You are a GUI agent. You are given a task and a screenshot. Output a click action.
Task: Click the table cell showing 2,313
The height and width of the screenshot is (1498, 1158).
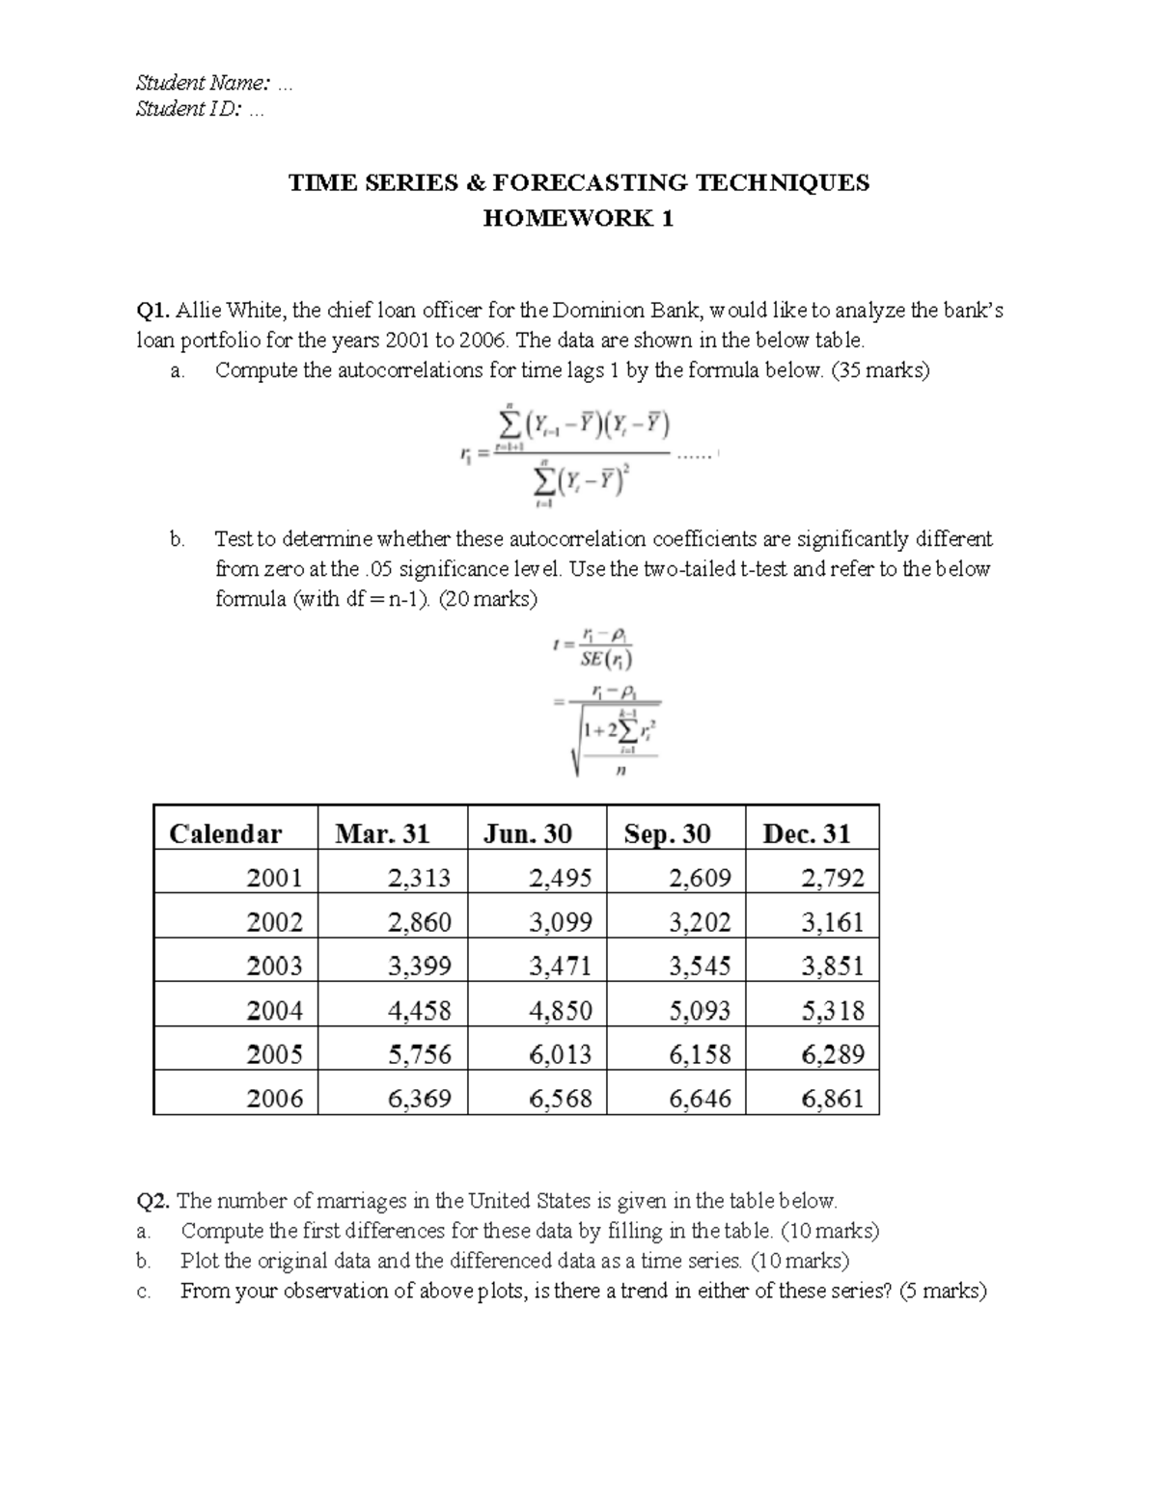pos(419,877)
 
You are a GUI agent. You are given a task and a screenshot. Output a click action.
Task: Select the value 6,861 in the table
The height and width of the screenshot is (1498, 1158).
pos(833,1098)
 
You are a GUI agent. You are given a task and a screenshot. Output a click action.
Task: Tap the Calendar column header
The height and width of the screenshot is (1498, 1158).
pos(226,833)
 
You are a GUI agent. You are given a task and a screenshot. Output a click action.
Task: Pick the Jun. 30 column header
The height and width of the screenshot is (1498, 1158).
pos(527,833)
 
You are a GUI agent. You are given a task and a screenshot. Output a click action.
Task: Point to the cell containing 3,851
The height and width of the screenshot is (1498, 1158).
pos(833,966)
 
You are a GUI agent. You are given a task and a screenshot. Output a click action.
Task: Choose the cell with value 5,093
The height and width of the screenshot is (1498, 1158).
pos(700,1010)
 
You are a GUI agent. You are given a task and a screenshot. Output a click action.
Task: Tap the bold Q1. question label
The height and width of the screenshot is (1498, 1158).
pos(153,311)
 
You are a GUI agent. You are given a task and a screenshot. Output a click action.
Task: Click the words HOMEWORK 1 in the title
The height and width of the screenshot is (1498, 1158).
pos(578,219)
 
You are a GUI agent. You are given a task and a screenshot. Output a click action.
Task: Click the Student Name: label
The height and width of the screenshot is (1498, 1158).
pos(203,84)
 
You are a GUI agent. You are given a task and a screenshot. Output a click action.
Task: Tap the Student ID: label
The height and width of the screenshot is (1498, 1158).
pos(188,109)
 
